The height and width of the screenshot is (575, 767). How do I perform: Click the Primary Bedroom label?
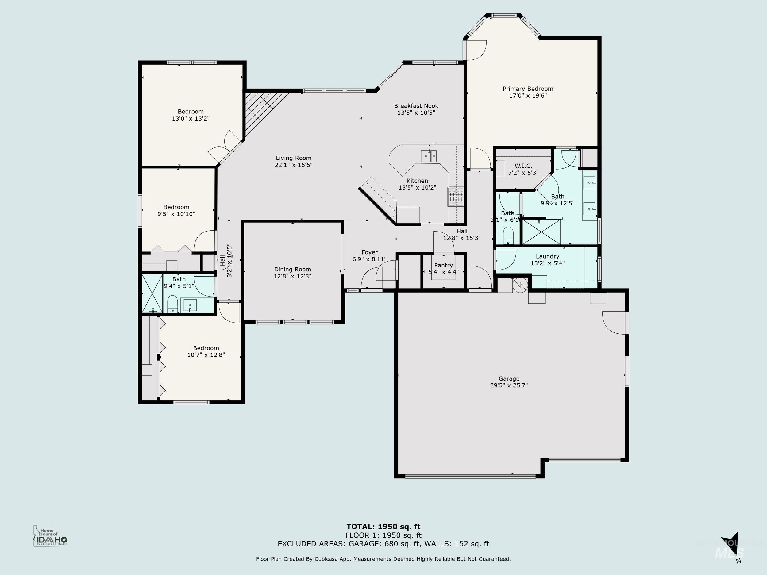coord(528,89)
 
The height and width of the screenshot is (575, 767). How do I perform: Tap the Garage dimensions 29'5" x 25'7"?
coord(509,385)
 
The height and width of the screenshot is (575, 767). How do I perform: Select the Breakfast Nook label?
coord(416,106)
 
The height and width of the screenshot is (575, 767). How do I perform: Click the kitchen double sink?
coord(429,156)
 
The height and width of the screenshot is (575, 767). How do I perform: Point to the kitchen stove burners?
coord(456,197)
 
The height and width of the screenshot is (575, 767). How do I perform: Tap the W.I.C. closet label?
coord(523,166)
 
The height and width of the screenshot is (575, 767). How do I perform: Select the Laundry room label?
coord(547,256)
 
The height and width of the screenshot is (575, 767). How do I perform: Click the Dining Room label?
coord(292,270)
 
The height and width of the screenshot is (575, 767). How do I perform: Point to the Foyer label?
coord(369,253)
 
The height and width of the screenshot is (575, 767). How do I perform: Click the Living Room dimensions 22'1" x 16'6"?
coord(293,165)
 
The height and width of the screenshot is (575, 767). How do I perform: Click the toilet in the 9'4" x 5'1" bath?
coord(172,304)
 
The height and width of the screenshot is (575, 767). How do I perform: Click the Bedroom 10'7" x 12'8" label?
coord(206,348)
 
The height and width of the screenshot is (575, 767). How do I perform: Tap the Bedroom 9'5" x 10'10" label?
coord(176,207)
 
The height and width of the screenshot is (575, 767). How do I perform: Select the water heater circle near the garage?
coord(520,285)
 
